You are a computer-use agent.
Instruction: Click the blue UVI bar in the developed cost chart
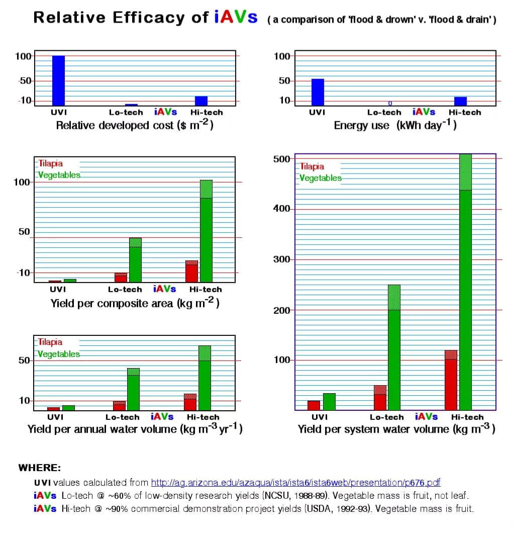click(x=59, y=80)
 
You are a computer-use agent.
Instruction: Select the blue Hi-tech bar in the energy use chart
click(x=460, y=101)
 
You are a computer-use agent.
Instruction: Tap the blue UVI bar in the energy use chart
click(x=318, y=92)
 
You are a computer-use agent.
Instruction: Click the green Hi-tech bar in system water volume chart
click(x=465, y=302)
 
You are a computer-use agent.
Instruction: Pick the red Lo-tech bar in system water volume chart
click(x=380, y=398)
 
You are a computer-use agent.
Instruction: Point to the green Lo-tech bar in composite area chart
click(x=135, y=261)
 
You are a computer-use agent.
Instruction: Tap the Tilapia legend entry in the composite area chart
click(x=51, y=164)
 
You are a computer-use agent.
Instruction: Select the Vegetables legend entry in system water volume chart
click(x=321, y=178)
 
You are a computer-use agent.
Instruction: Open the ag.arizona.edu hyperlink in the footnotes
click(x=295, y=483)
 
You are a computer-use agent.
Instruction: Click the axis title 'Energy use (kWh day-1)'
click(x=395, y=125)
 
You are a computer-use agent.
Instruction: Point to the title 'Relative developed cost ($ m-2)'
click(x=135, y=125)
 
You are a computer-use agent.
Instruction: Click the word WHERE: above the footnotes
click(x=40, y=468)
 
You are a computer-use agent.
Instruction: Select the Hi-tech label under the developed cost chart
click(x=207, y=113)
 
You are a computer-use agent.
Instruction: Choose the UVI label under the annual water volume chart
click(x=55, y=417)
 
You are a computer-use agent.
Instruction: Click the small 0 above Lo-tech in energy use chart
click(x=390, y=104)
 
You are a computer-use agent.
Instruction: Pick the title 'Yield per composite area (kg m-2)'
click(x=135, y=303)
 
